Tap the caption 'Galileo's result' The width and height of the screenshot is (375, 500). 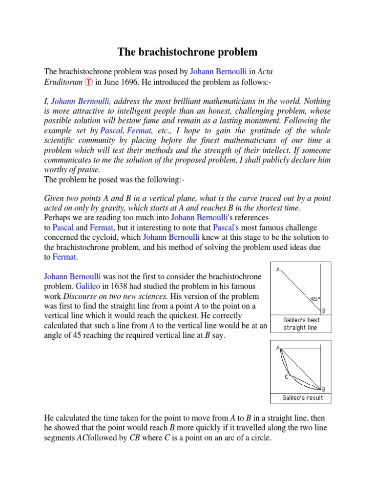click(303, 398)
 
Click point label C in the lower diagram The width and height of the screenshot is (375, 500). click(287, 376)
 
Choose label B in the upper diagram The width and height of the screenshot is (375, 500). click(323, 310)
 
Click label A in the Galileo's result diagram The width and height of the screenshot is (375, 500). click(278, 348)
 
